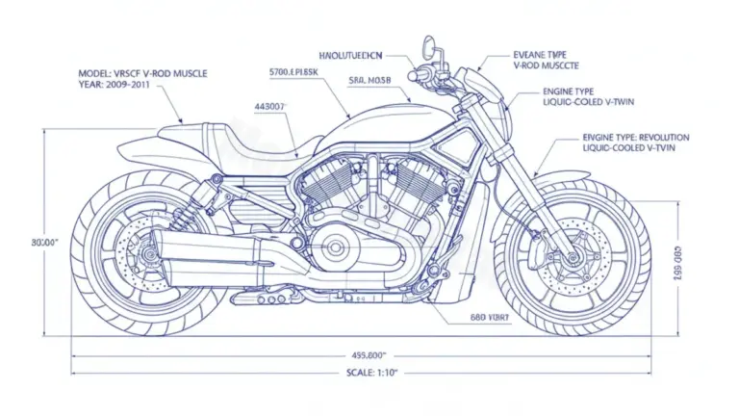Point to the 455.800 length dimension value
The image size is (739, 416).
(369, 352)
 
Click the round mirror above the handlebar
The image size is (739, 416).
(428, 45)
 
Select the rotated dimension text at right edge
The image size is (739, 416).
(676, 257)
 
